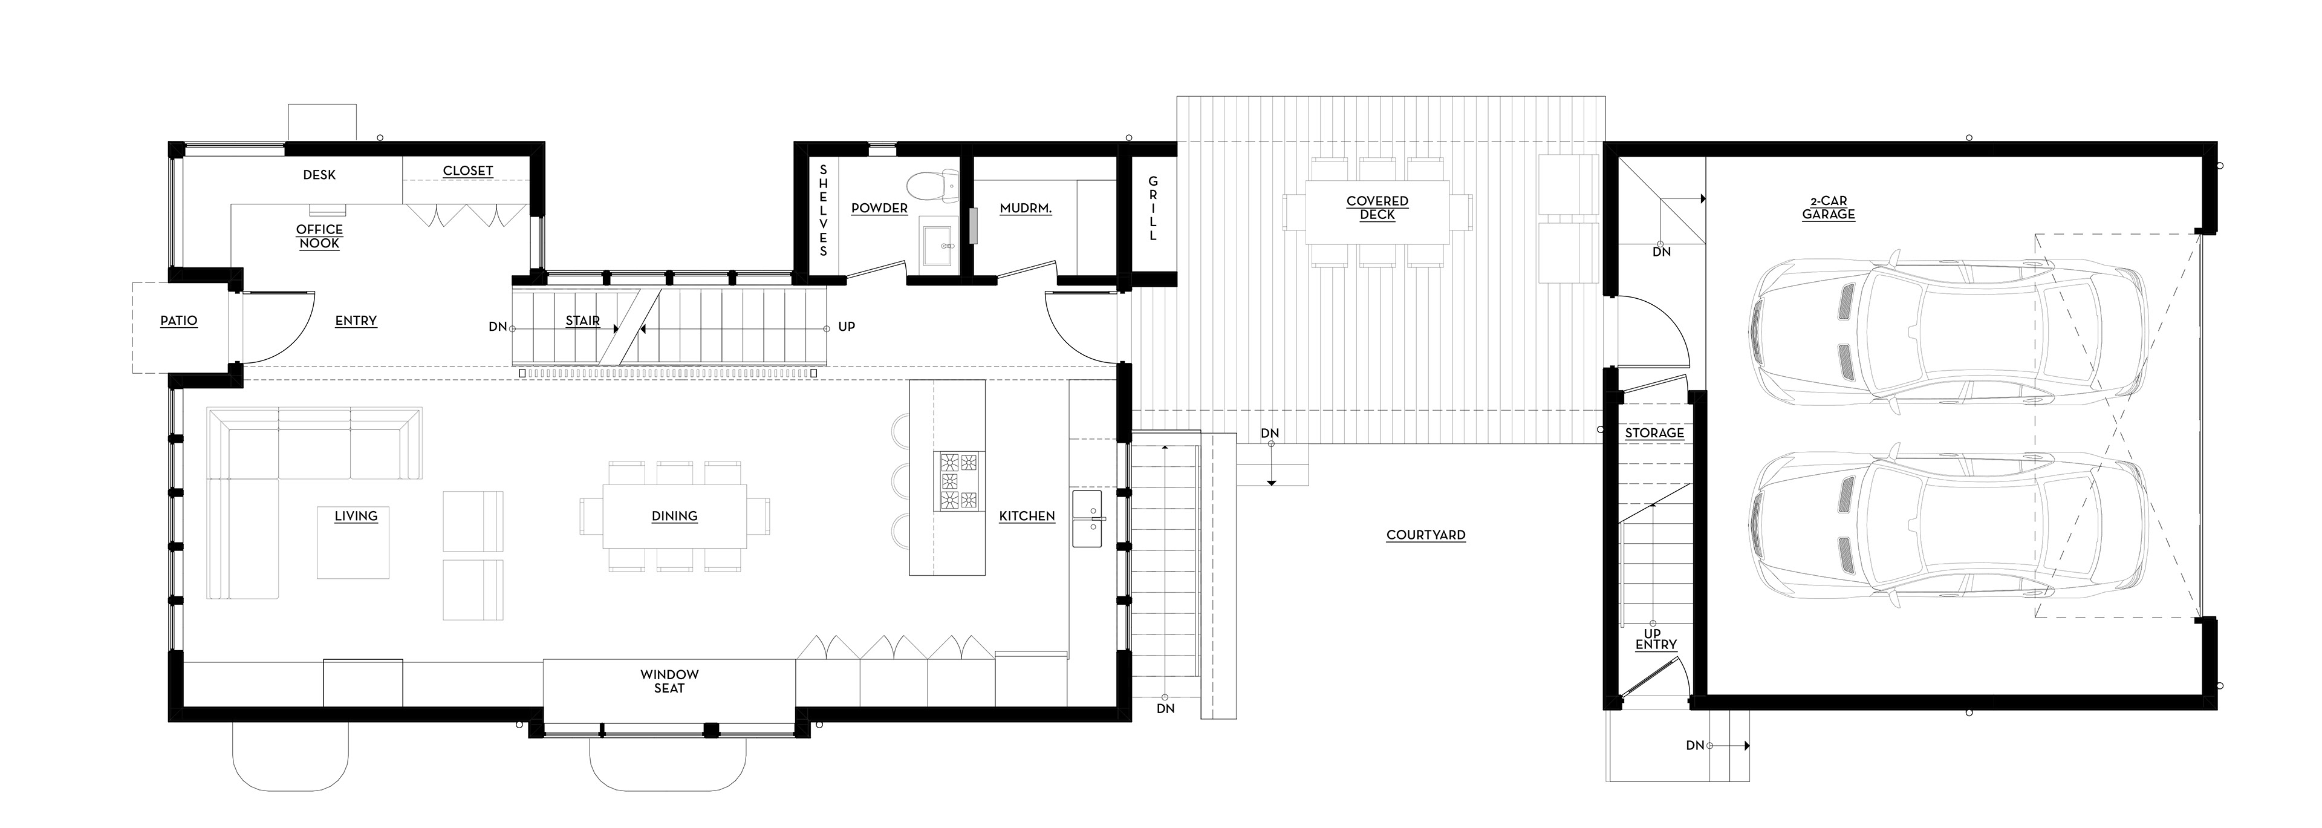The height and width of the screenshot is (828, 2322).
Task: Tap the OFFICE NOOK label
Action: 319,236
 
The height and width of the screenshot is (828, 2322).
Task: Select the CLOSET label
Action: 468,171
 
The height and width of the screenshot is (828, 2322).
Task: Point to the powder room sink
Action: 943,244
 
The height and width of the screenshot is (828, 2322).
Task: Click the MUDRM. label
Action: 1026,208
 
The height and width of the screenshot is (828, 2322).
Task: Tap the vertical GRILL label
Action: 1153,208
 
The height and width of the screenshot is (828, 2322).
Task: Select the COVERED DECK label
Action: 1377,207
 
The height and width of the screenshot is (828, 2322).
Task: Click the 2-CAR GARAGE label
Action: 1828,207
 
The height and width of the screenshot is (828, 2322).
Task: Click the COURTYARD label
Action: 1426,535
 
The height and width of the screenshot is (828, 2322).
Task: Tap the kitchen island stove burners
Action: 958,481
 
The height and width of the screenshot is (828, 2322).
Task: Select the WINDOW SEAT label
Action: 670,681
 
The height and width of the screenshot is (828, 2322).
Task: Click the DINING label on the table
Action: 674,516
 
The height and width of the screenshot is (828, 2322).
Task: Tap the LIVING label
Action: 356,516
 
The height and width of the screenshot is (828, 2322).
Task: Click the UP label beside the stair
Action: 847,327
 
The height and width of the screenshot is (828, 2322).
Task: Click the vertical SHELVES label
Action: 823,209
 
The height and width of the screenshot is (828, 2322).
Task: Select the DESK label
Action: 319,175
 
